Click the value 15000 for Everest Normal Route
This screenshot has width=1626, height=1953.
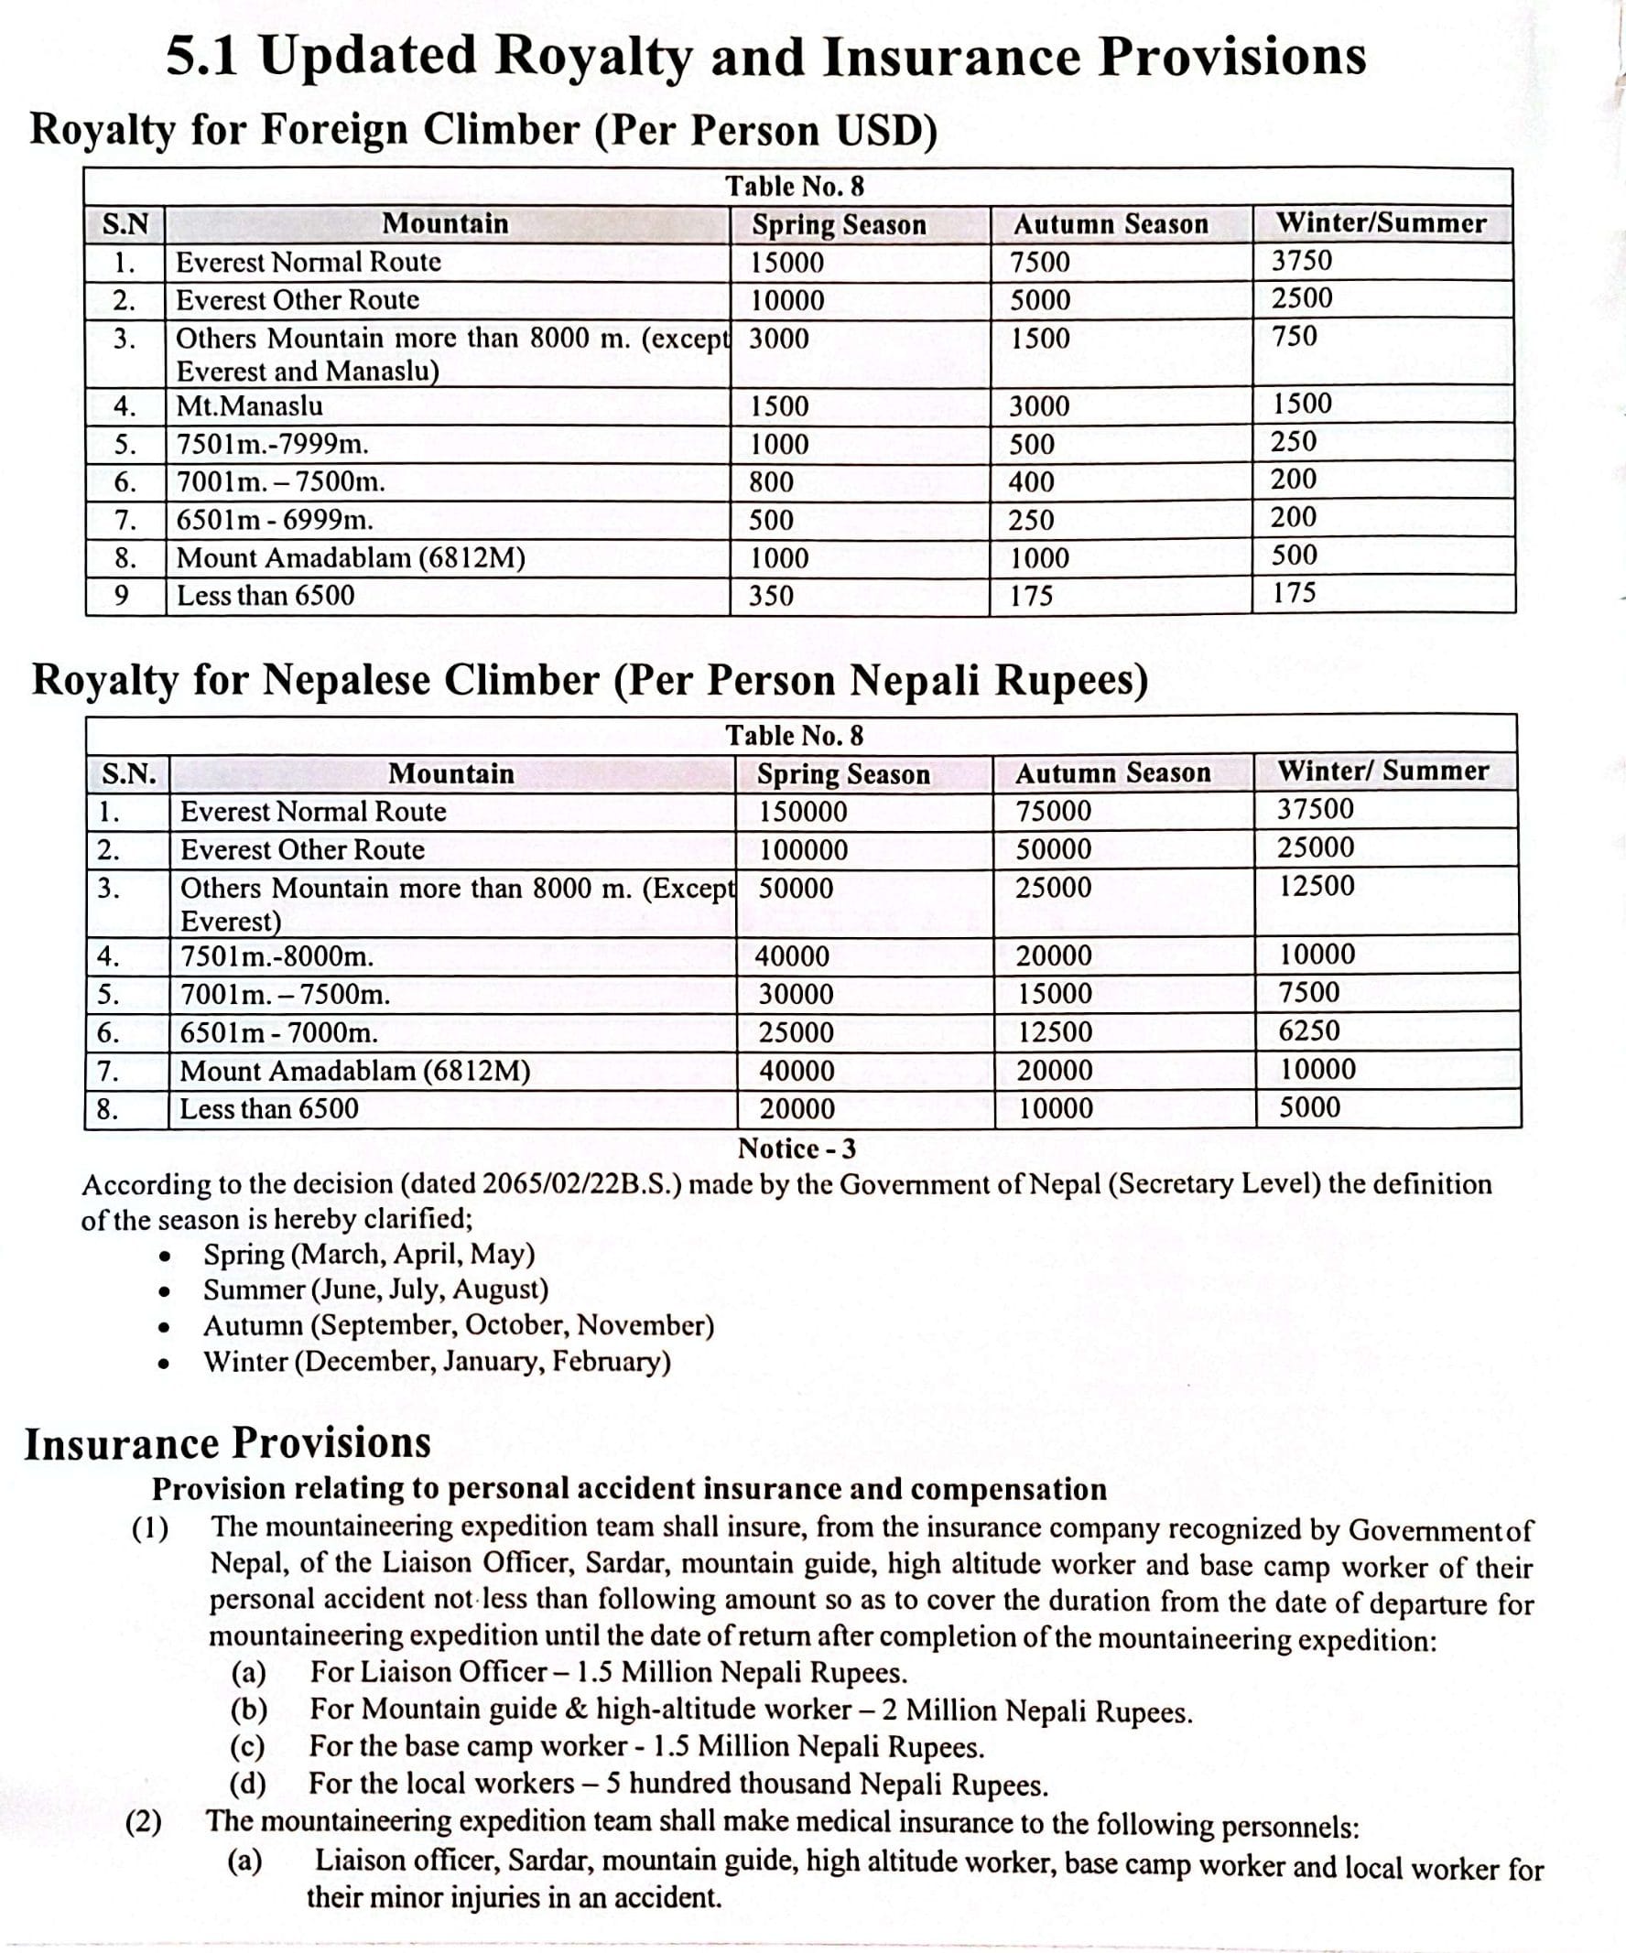[787, 264]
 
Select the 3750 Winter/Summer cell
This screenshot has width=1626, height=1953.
[1301, 261]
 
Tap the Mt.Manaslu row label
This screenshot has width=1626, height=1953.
[249, 406]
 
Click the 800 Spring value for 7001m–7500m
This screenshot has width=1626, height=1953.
[771, 481]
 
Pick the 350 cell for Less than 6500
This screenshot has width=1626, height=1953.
[771, 595]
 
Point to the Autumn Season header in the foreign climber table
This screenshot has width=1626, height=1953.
[1111, 224]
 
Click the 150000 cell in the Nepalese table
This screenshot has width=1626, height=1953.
[803, 812]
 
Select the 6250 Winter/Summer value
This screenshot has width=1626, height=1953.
[1309, 1030]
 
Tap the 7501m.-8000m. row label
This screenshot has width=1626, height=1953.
[276, 957]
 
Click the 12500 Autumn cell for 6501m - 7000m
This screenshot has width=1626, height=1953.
[1054, 1032]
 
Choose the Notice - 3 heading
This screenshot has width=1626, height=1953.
[797, 1149]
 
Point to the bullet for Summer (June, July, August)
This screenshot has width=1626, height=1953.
[164, 1290]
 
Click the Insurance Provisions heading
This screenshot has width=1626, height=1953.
[227, 1443]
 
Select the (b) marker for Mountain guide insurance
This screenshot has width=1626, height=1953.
[247, 1710]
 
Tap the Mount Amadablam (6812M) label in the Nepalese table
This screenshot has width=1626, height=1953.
[354, 1072]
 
